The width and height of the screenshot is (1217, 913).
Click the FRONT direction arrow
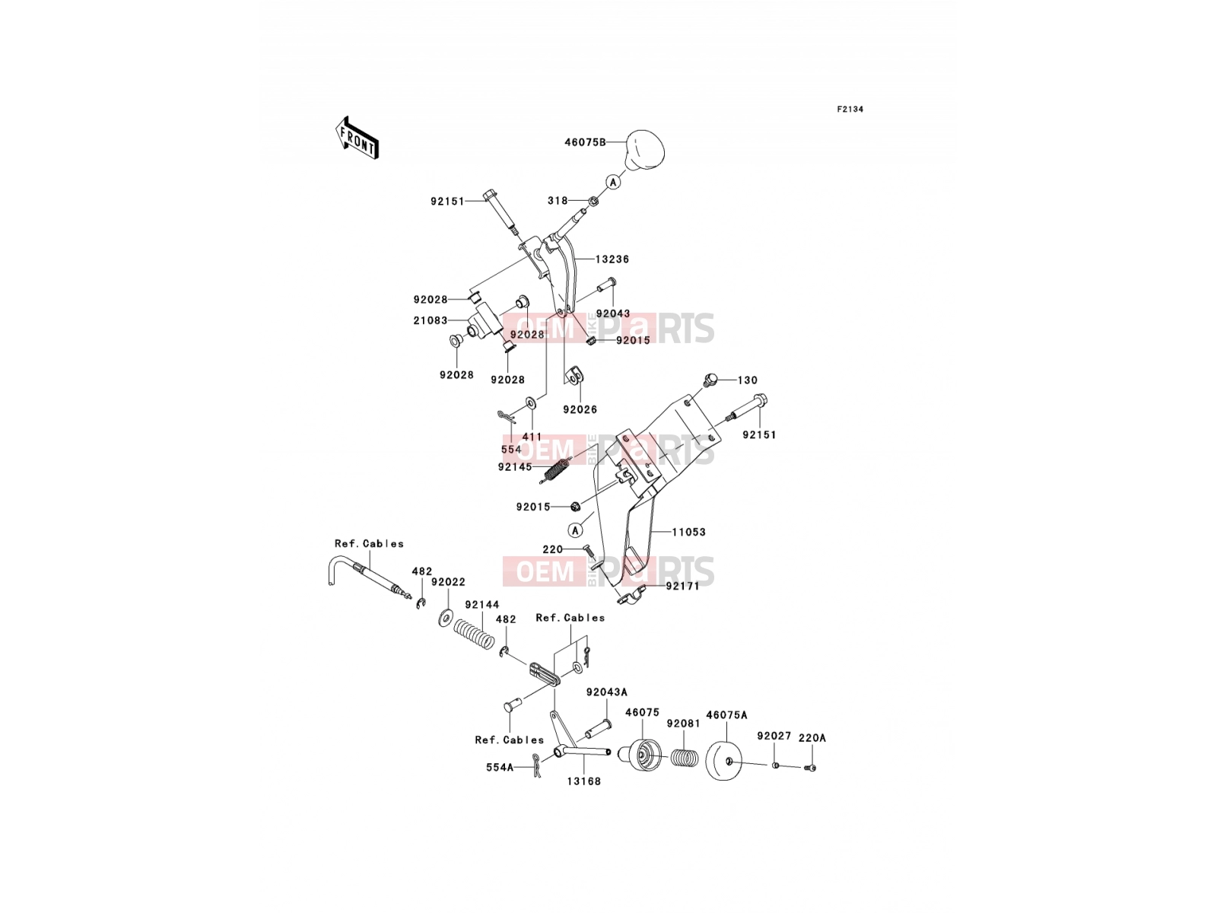pos(357,138)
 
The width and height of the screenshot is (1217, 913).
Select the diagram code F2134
pos(850,110)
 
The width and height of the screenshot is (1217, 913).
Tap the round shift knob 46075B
pos(644,150)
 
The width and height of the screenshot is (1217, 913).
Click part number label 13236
pos(612,259)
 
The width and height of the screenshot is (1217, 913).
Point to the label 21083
pos(431,320)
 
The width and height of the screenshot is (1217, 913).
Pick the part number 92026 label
pos(580,409)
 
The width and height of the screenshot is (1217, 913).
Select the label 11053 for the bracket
pos(688,532)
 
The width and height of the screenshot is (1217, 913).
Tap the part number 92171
pos(682,586)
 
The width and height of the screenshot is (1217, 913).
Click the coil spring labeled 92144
pos(475,635)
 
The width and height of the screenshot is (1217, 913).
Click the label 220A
pos(812,738)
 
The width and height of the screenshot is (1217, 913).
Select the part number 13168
pos(584,781)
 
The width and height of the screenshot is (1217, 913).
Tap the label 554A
pos(500,768)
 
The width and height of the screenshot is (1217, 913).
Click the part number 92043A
pos(607,692)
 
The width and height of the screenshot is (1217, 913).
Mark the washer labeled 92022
pos(445,617)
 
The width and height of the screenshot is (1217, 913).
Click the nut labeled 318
pos(592,201)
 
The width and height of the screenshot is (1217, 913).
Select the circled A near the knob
pos(612,181)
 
